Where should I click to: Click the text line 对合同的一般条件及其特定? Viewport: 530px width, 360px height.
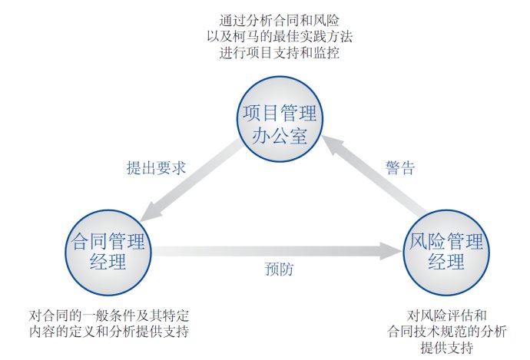point(109,315)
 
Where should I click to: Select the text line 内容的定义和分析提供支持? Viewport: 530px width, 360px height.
point(109,332)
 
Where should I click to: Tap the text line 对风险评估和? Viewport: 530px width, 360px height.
point(447,315)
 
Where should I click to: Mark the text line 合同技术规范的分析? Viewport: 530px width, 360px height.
point(447,332)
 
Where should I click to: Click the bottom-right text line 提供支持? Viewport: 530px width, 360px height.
point(447,348)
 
